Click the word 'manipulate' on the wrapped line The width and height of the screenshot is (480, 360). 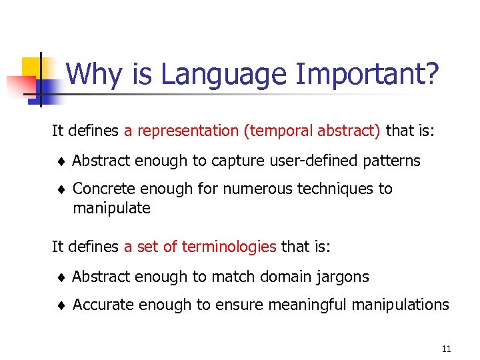pyautogui.click(x=111, y=209)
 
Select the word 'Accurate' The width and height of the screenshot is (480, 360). pyautogui.click(x=103, y=305)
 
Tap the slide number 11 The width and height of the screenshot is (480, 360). pyautogui.click(x=446, y=349)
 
